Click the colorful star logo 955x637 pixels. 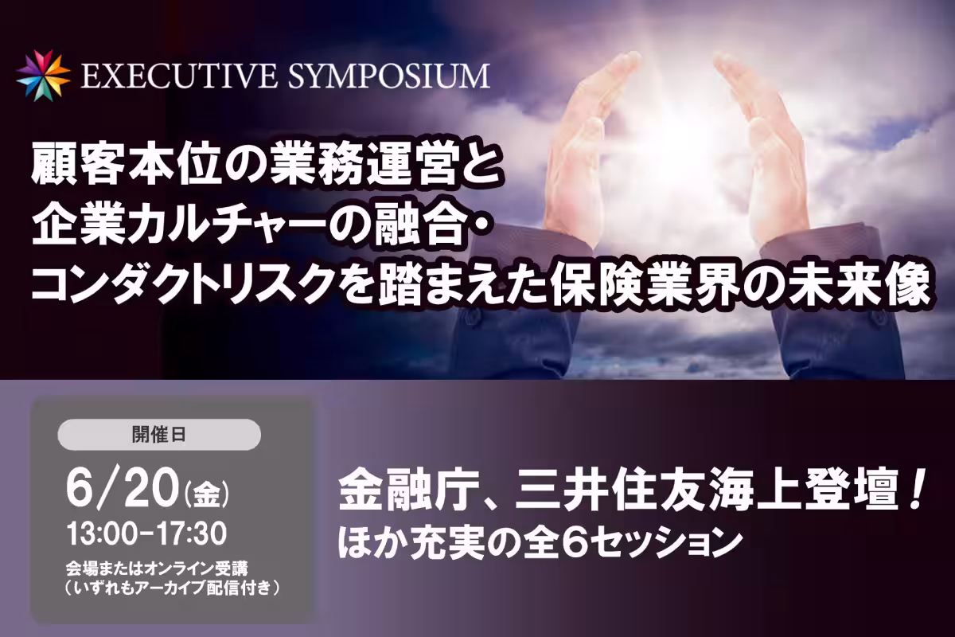coord(43,76)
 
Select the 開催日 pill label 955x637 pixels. coord(159,435)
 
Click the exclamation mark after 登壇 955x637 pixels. coord(914,492)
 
